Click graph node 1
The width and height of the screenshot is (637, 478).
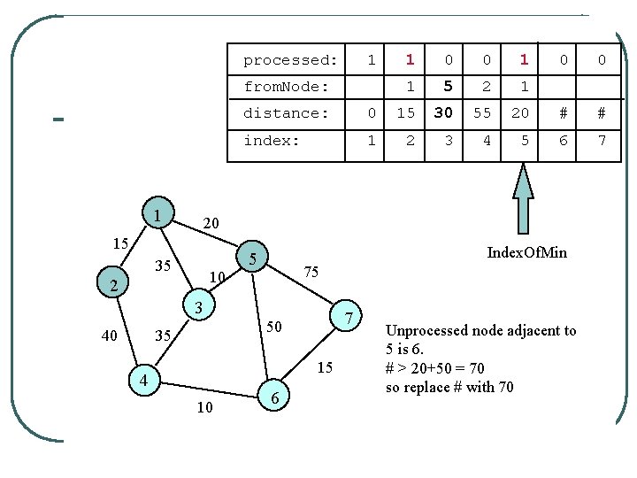(157, 215)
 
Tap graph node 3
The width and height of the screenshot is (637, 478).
(199, 308)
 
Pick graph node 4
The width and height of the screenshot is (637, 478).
(142, 380)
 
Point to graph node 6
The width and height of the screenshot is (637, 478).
(275, 399)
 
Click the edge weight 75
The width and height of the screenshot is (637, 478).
(311, 272)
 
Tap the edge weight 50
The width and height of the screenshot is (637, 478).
(275, 328)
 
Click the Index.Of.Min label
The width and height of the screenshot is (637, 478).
(526, 253)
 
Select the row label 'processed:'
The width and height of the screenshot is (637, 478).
(290, 60)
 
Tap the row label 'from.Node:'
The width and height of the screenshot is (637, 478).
(286, 87)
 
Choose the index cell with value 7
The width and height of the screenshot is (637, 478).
(601, 141)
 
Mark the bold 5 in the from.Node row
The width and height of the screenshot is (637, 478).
(448, 87)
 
